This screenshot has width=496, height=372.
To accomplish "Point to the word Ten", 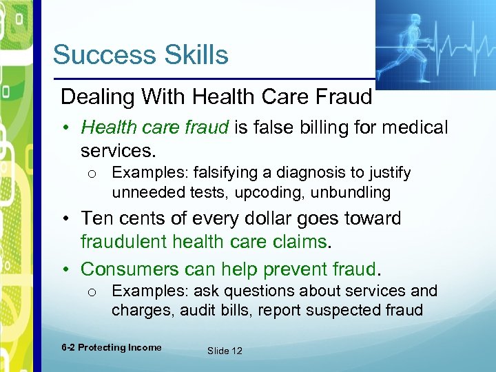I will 96,218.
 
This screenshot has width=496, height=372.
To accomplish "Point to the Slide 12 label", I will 225,351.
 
